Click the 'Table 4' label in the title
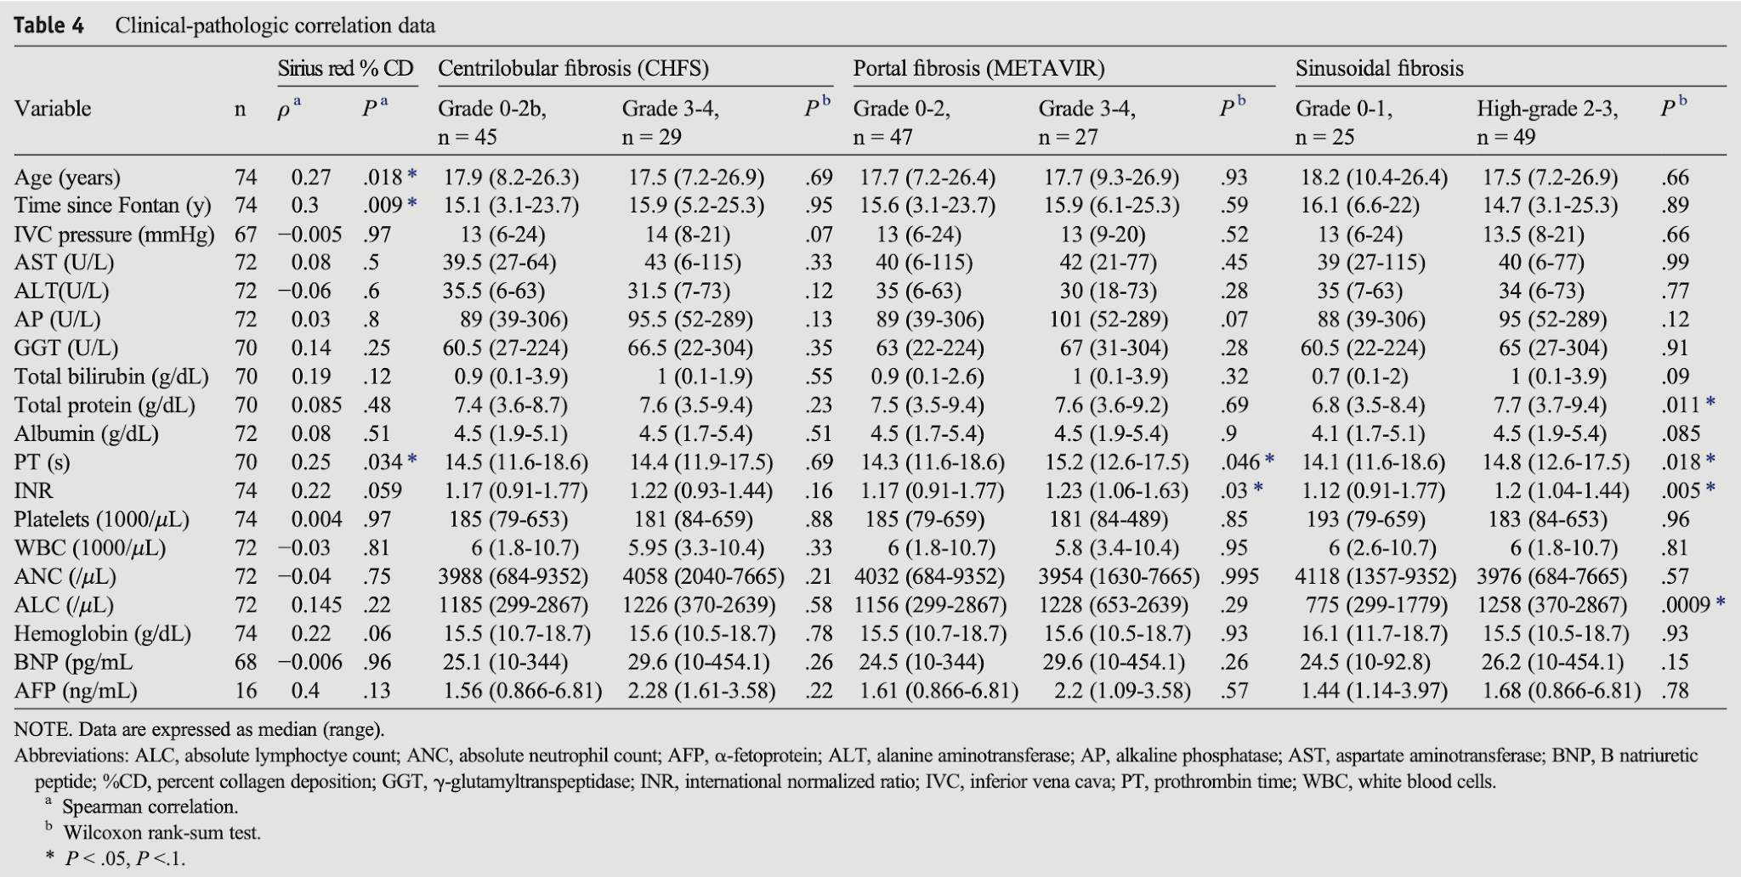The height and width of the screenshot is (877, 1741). (x=48, y=25)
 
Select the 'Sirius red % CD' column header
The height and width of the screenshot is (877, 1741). (x=346, y=68)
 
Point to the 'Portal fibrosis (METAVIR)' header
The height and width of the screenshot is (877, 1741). (x=979, y=68)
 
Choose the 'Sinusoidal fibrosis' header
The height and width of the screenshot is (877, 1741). (x=1379, y=68)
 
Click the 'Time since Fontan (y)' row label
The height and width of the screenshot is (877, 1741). (x=112, y=206)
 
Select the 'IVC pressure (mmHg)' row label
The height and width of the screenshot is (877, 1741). (x=115, y=235)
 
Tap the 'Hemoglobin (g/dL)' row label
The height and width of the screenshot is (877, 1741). (x=103, y=634)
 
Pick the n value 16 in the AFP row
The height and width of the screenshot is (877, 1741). (x=246, y=691)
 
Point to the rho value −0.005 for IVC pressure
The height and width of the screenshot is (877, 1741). (x=309, y=235)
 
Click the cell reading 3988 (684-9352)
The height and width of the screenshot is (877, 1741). (x=513, y=577)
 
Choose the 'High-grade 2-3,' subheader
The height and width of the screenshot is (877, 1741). (x=1547, y=109)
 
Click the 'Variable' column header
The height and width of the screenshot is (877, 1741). (x=53, y=109)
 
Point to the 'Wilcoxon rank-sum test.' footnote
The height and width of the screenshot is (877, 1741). (x=162, y=833)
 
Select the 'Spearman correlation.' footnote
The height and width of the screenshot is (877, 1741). (x=150, y=806)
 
